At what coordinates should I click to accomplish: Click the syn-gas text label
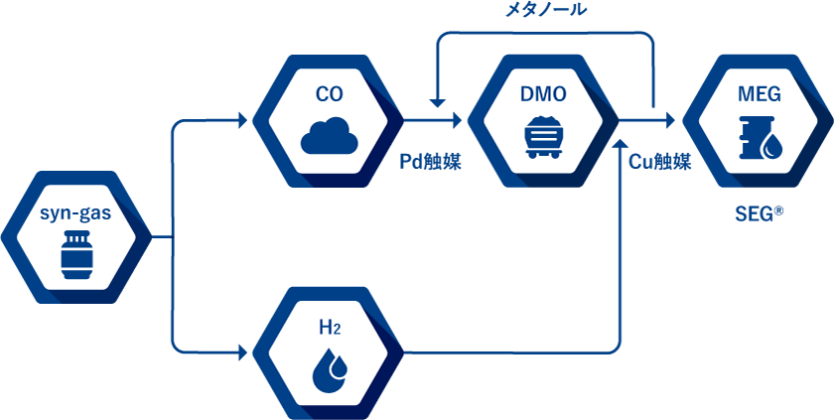(75, 213)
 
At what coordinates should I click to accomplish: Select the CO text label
(330, 95)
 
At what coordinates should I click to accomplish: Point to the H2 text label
(330, 328)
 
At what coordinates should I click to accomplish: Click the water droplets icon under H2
(330, 369)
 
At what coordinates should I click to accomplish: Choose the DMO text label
(543, 95)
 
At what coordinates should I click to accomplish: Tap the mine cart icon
(543, 136)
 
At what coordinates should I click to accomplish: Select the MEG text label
(760, 95)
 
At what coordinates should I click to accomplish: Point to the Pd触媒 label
(430, 162)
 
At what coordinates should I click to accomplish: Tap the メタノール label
(546, 11)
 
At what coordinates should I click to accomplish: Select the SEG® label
(760, 212)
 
